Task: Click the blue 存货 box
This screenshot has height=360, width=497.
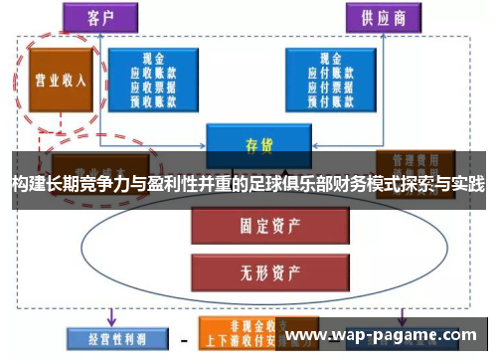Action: [252, 142]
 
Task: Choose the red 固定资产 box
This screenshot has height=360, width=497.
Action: [245, 225]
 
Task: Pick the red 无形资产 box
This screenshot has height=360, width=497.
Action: [245, 269]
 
